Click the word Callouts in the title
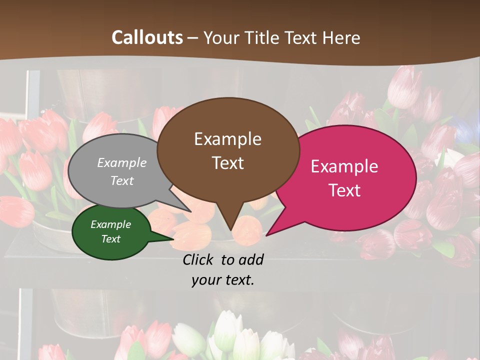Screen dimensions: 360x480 click(147, 37)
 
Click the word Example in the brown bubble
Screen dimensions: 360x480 click(227, 139)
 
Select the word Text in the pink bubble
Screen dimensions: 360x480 click(345, 190)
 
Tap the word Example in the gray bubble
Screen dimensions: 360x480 click(122, 163)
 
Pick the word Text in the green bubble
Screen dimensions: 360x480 click(111, 239)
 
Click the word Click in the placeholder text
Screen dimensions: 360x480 click(198, 259)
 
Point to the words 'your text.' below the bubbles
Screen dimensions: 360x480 click(223, 280)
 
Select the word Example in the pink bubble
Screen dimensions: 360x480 click(344, 166)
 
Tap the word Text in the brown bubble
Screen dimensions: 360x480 click(228, 163)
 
